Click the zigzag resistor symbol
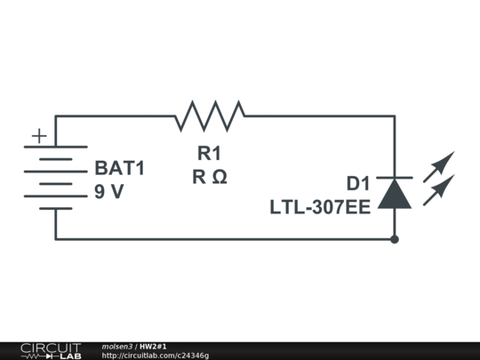coord(210,116)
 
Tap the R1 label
coord(209,153)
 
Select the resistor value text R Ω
coord(210,177)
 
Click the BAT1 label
coord(120,168)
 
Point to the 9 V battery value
coord(109,192)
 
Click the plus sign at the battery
coord(39,136)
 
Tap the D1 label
coord(358,184)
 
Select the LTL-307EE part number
coord(320,207)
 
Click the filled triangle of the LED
coord(395,194)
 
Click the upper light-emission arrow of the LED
coord(439,167)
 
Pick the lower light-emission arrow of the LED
coord(439,190)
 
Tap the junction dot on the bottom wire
coord(395,239)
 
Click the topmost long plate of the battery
coord(56,147)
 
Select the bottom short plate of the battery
coord(56,209)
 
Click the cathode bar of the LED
coord(395,178)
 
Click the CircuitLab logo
coord(52,351)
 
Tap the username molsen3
coord(117,347)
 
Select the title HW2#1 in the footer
coord(153,347)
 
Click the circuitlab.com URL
coord(156,356)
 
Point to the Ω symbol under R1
coord(220,177)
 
